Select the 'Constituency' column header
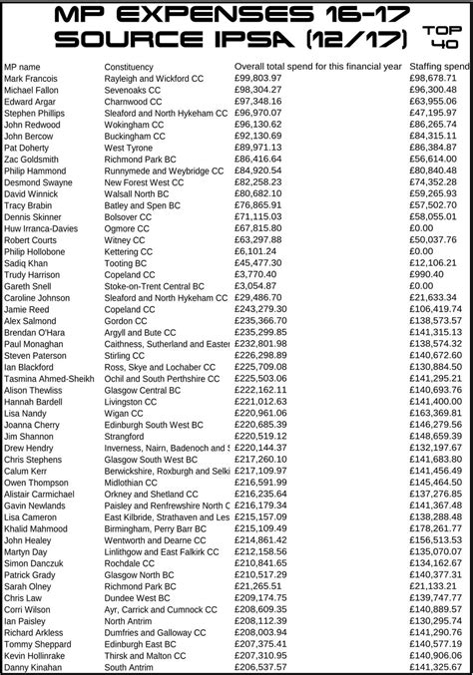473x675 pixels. tap(129, 66)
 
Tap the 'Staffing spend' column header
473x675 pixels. tap(438, 66)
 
